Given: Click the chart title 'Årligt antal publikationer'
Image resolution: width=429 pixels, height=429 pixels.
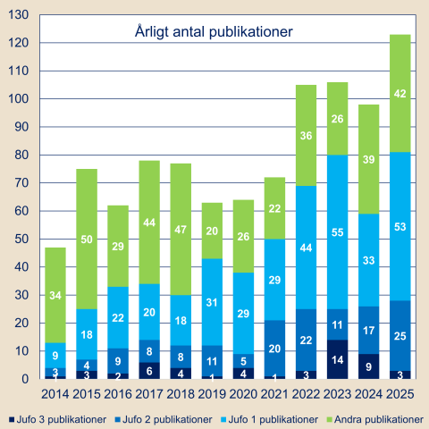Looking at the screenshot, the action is click(214, 32).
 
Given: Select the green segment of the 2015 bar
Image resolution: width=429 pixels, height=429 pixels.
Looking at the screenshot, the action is click(87, 239).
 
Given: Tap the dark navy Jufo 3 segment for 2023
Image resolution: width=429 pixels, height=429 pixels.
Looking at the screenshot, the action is click(338, 359).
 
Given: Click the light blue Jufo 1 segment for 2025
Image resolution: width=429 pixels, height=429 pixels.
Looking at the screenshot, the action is click(400, 226).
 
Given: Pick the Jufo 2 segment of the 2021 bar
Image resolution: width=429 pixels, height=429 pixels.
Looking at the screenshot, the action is click(274, 349).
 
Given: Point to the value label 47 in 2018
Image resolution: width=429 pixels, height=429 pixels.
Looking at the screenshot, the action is click(181, 230).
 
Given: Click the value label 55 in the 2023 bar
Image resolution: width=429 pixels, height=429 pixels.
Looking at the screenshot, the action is click(338, 232).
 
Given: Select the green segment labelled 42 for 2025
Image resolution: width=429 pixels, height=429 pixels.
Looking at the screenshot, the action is click(400, 93).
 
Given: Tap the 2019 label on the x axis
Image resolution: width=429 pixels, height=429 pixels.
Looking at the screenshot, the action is click(212, 394).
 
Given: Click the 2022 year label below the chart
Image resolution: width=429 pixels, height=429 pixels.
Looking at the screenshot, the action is click(306, 394).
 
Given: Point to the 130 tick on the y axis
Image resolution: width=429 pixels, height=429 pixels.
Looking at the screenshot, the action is click(19, 14).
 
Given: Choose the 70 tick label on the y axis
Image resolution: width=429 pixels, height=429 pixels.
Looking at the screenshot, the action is click(22, 182).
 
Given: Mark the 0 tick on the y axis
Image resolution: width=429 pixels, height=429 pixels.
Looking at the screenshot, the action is click(26, 379).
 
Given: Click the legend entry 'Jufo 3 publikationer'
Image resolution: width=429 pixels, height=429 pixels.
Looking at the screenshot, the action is click(58, 419).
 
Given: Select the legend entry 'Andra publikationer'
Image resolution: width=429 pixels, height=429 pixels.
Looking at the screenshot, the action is click(375, 419).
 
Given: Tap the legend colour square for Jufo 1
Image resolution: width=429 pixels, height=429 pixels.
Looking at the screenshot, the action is click(223, 420).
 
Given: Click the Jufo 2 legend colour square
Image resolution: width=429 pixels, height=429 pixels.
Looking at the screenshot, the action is click(118, 420).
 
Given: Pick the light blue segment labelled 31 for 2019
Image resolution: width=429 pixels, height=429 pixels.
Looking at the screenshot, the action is click(212, 302).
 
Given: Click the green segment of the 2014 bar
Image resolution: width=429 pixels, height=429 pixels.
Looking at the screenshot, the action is click(55, 295).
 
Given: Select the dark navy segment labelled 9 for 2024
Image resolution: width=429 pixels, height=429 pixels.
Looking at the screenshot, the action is click(369, 366).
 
